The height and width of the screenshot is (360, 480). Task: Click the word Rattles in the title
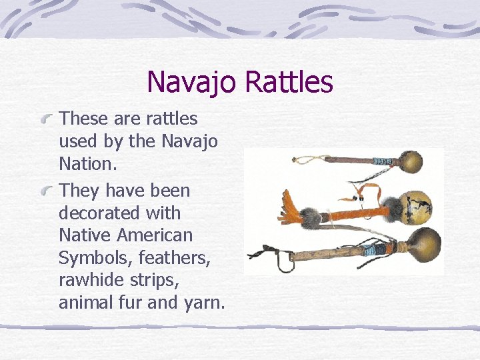[x=288, y=82]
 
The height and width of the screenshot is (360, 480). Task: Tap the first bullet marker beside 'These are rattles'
[x=47, y=120]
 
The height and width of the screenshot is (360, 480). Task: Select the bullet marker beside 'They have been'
[x=47, y=192]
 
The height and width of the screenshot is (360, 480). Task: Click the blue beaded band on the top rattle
[x=383, y=162]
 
